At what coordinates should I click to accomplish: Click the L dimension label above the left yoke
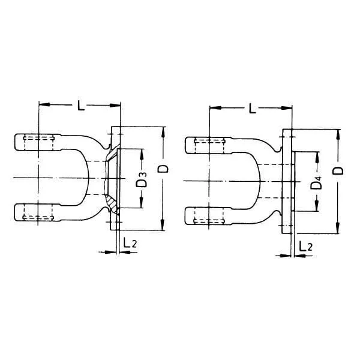tap(80, 105)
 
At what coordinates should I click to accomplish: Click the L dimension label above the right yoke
tap(252, 108)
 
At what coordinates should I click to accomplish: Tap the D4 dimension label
tap(316, 182)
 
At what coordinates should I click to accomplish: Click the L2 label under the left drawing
tap(130, 242)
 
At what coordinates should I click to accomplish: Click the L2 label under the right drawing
tap(305, 246)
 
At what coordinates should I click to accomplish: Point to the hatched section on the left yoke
tap(113, 203)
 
